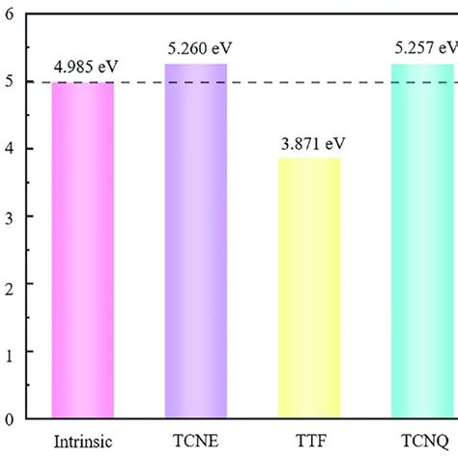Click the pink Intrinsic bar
[82, 251]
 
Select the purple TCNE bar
[196, 242]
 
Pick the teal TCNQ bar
[421, 242]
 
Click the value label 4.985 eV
[81, 69]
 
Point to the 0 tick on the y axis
[10, 419]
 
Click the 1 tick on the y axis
[10, 352]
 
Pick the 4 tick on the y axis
[10, 150]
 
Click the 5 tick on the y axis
[10, 82]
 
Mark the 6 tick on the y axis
[10, 15]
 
